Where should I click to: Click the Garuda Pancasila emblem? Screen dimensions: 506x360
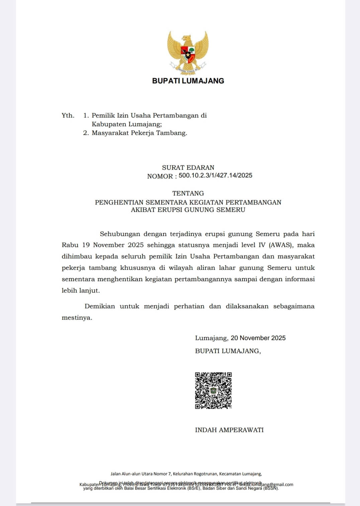pos(188,52)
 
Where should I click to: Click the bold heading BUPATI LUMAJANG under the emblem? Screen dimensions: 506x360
pos(188,81)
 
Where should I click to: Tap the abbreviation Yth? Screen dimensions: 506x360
pos(68,115)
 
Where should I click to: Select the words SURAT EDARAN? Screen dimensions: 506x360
pos(188,168)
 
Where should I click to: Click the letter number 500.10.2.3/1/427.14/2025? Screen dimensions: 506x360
pos(215,175)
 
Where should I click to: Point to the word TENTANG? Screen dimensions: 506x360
pos(188,193)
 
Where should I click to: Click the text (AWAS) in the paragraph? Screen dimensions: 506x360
pos(281,245)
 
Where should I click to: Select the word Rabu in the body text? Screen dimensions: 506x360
pos(70,245)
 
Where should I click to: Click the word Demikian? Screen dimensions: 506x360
pos(100,306)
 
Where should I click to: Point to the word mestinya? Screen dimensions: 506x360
pos(77,318)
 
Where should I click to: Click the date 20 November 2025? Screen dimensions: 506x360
pos(258,338)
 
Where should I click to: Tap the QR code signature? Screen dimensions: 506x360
pos(213,391)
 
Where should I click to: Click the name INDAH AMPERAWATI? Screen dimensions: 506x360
pos(229,430)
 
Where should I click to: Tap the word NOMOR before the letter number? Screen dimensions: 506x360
pos(160,176)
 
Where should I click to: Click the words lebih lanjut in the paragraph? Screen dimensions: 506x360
pos(80,290)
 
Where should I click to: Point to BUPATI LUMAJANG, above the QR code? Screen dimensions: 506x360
pos(228,351)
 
